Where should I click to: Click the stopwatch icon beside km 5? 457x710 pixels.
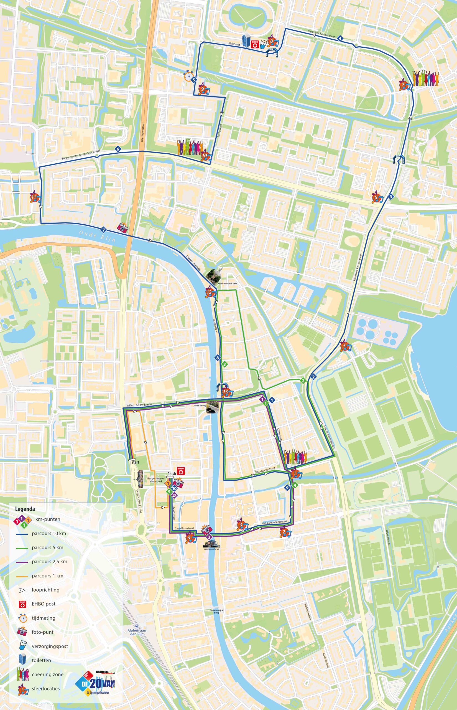coord(188,76)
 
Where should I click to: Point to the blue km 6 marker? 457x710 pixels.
coord(118,149)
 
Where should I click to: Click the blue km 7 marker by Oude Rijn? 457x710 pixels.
coord(103,229)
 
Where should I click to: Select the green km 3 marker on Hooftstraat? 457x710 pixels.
coord(225,364)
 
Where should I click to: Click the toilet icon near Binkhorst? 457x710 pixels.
coord(246,41)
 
